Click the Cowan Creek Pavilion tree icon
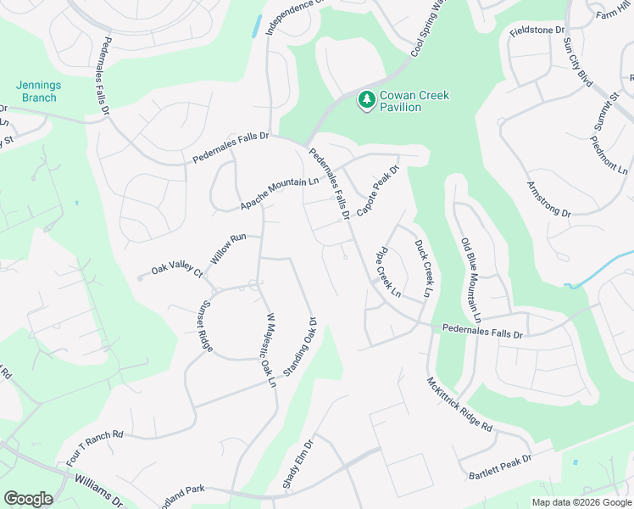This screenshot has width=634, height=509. tap(366, 101)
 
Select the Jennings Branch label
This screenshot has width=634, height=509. tap(36, 92)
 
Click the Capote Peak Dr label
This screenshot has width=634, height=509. tap(377, 191)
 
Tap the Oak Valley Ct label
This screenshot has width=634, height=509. tap(177, 271)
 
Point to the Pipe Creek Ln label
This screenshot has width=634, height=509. tap(389, 271)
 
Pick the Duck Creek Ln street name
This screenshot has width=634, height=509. tap(423, 268)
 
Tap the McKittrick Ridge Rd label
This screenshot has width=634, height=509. tap(460, 405)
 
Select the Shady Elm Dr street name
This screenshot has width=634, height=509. tap(298, 464)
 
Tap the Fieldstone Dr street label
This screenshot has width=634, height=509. tap(537, 31)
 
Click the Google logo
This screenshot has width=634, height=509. tap(29, 499)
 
